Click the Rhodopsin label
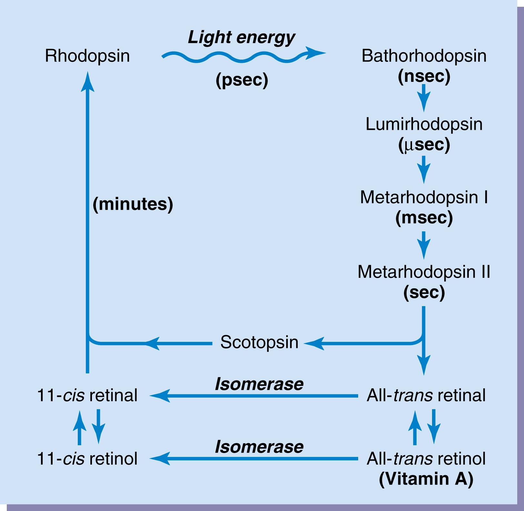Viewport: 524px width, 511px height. (x=87, y=56)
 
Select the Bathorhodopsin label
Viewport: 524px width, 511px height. (x=424, y=56)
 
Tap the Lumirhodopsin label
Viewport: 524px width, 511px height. (x=424, y=124)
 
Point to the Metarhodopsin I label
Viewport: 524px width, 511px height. (x=424, y=197)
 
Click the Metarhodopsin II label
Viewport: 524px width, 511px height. (x=424, y=272)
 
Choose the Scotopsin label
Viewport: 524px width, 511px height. (x=259, y=342)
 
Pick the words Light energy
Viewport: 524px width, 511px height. (x=241, y=37)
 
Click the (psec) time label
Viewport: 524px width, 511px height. (x=242, y=80)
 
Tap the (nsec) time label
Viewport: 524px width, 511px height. (x=424, y=76)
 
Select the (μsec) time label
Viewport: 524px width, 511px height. (x=424, y=145)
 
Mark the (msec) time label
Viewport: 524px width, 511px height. (x=424, y=218)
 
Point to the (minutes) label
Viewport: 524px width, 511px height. (x=133, y=204)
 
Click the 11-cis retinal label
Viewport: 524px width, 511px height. (x=87, y=395)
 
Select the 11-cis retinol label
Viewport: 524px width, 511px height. (x=87, y=458)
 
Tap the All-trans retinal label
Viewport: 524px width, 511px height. (x=426, y=395)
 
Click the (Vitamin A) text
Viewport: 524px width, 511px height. (x=426, y=479)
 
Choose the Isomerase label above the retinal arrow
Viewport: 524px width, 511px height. (x=259, y=384)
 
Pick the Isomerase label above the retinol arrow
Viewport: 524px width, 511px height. (x=259, y=447)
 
